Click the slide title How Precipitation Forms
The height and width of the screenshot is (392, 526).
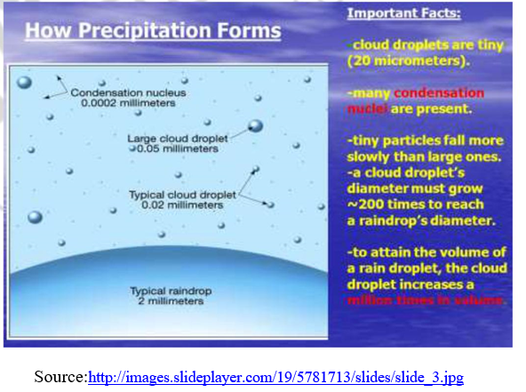pos(152,33)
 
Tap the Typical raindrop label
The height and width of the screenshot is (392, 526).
pos(166,291)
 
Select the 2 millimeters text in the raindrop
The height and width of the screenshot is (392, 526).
pos(166,301)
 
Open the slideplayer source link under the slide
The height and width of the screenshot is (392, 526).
pos(275,377)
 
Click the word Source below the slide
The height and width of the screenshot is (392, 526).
pos(60,377)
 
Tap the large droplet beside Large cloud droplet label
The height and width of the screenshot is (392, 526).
pos(256,126)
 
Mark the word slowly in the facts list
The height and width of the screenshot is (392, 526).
pos(371,156)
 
